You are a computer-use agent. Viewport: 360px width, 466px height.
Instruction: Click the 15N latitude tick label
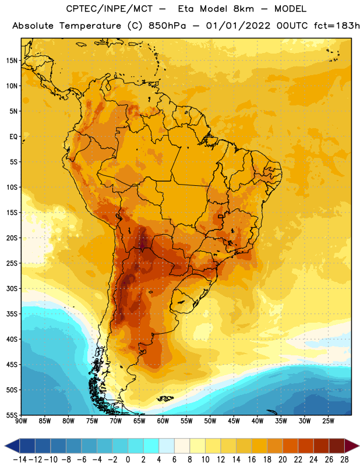pyautogui.click(x=12, y=61)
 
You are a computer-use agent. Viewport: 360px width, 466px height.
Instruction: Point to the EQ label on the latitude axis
pyautogui.click(x=13, y=137)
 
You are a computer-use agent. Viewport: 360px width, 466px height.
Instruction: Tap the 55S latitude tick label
pyautogui.click(x=12, y=415)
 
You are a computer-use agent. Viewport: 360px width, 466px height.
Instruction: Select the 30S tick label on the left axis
pyautogui.click(x=12, y=288)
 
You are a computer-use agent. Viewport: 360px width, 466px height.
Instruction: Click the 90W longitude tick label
pyautogui.click(x=21, y=421)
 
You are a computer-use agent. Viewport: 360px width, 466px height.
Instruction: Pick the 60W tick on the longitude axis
pyautogui.click(x=163, y=421)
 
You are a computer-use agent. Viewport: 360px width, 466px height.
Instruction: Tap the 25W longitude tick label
pyautogui.click(x=328, y=421)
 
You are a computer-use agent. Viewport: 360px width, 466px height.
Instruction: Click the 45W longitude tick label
pyautogui.click(x=234, y=421)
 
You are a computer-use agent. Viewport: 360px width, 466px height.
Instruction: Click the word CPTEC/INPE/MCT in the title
pyautogui.click(x=110, y=9)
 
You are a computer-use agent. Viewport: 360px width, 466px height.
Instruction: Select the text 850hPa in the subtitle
pyautogui.click(x=167, y=26)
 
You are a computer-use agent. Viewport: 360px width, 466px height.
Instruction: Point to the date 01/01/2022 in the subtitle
pyautogui.click(x=238, y=26)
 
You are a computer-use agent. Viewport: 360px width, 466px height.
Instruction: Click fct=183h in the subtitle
pyautogui.click(x=337, y=26)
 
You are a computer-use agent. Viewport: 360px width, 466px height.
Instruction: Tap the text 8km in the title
pyautogui.click(x=243, y=9)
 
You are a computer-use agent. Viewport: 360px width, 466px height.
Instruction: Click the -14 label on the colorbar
pyautogui.click(x=20, y=460)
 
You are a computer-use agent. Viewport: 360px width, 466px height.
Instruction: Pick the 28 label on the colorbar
pyautogui.click(x=344, y=460)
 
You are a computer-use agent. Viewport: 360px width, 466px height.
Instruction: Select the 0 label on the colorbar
pyautogui.click(x=128, y=460)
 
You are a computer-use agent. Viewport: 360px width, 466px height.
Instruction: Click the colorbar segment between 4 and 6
pyautogui.click(x=167, y=446)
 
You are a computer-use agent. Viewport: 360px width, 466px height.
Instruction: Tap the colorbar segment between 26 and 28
pyautogui.click(x=337, y=446)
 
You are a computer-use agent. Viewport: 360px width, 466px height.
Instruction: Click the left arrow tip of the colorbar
pyautogui.click(x=5, y=446)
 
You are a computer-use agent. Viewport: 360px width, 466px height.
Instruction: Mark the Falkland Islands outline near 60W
pyautogui.click(x=164, y=398)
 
